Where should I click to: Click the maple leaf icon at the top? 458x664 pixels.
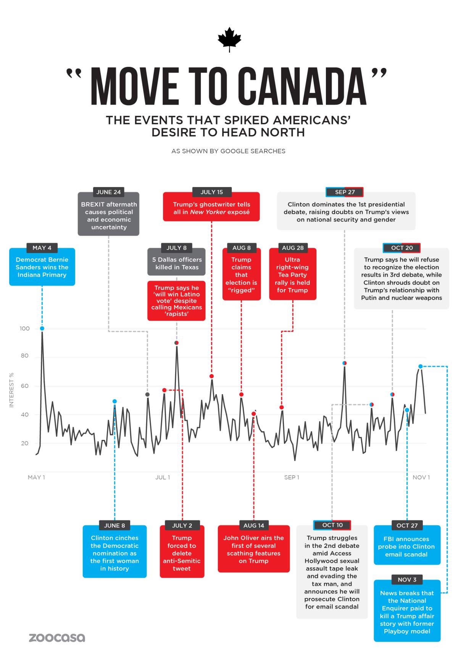pos(229,39)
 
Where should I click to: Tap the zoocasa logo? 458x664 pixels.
pos(57,637)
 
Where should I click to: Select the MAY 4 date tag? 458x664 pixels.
pos(42,248)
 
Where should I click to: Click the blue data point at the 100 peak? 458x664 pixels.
pos(42,328)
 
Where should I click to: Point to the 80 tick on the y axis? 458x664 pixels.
pos(24,355)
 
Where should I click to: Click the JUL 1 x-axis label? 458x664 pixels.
pos(163,477)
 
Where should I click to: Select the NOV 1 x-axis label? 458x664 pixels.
pos(421,477)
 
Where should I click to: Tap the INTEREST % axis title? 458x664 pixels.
pos(11,390)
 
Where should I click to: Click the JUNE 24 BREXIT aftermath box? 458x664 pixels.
pos(109,216)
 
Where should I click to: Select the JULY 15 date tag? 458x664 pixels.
pos(211,192)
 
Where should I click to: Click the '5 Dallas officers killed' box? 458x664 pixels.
pos(177,263)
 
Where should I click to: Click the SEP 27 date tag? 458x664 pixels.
pos(345,192)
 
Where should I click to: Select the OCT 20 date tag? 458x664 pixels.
pos(402,248)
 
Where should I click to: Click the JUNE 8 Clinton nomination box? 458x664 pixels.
pos(114,553)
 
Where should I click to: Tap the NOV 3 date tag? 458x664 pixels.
pos(407,580)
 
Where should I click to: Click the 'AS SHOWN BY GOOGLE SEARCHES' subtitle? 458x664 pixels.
pos(228,151)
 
